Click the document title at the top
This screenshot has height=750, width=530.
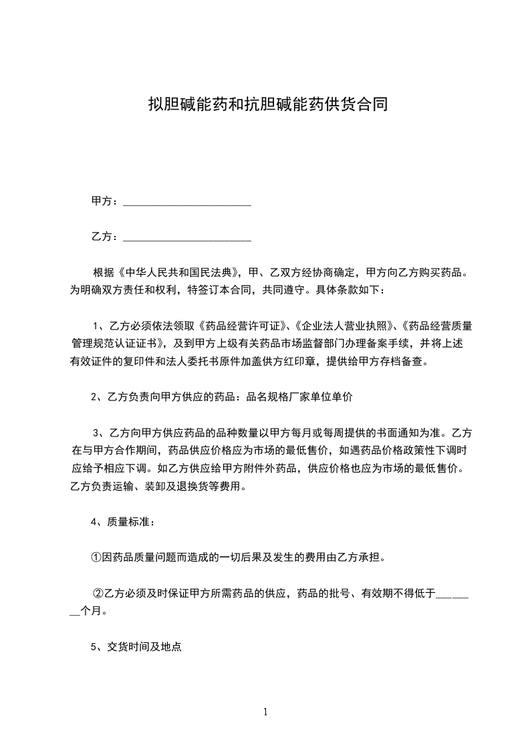[x=267, y=105]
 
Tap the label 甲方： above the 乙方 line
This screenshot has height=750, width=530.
[x=105, y=201]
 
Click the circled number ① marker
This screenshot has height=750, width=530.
[x=96, y=557]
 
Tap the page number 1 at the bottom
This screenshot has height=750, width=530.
[x=265, y=712]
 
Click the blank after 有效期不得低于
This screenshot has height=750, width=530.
[x=453, y=594]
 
